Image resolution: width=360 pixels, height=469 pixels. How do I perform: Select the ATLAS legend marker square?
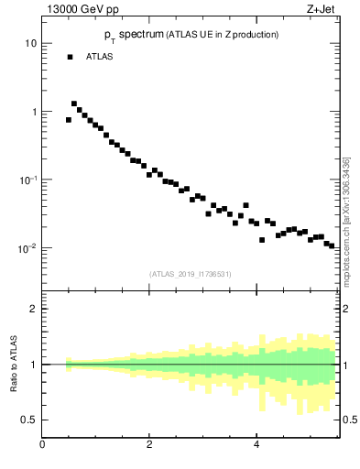click(x=69, y=57)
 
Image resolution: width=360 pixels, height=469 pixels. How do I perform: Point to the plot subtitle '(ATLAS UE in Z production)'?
click(x=222, y=35)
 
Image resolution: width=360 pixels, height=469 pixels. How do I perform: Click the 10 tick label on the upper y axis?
click(x=30, y=43)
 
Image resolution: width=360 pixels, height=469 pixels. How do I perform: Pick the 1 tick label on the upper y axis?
click(x=33, y=112)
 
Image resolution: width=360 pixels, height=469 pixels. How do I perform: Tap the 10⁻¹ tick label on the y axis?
click(x=27, y=179)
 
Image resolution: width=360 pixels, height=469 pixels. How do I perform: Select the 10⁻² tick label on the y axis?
click(x=27, y=247)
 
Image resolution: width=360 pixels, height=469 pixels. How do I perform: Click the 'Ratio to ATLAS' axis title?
click(x=13, y=365)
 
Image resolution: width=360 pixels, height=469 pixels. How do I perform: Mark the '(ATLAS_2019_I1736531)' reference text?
click(x=191, y=273)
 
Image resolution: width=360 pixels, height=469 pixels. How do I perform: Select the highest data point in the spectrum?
click(x=74, y=104)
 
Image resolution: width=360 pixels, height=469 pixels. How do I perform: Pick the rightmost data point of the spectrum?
click(x=332, y=246)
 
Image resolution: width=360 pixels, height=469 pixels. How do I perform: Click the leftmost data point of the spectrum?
click(x=69, y=120)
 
